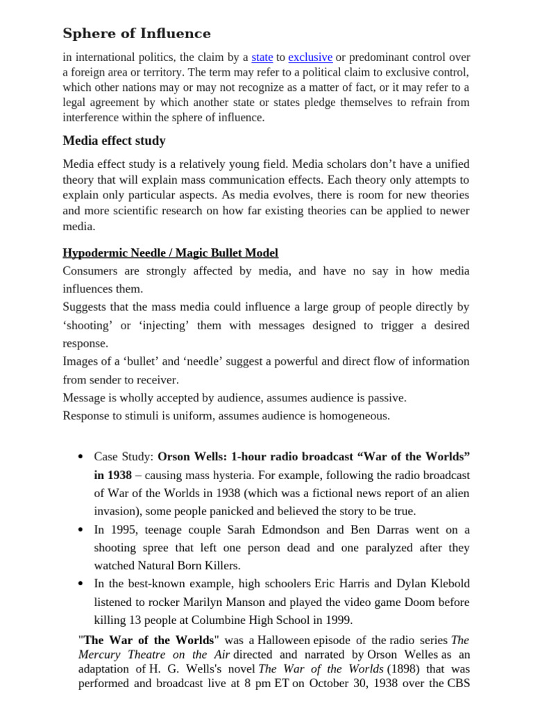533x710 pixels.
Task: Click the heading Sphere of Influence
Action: pyautogui.click(x=137, y=33)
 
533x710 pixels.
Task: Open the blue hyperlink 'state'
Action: pyautogui.click(x=262, y=58)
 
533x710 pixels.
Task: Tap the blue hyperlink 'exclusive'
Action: pyautogui.click(x=310, y=58)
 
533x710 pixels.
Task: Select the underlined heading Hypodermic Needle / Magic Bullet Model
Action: pyautogui.click(x=170, y=253)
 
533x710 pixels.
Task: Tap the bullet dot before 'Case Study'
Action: pyautogui.click(x=81, y=458)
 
